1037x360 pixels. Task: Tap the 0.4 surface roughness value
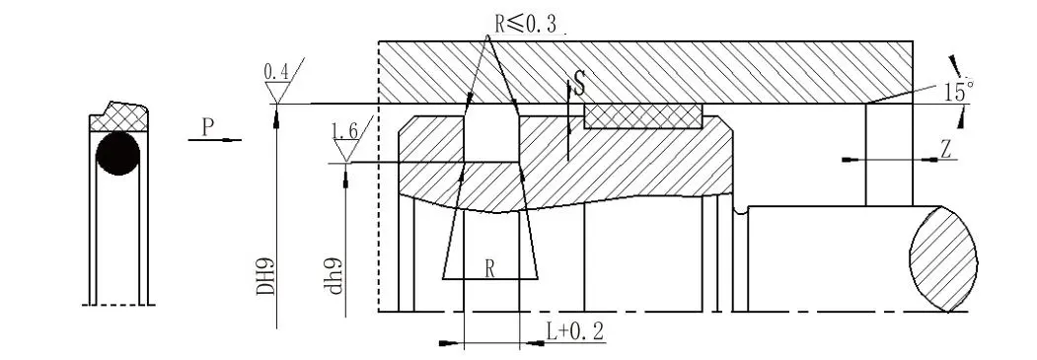[x=276, y=71]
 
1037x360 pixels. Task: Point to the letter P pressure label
[x=208, y=127]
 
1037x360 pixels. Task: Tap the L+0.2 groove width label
[x=575, y=331]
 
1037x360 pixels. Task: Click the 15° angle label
[x=959, y=91]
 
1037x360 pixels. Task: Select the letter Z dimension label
[x=946, y=150]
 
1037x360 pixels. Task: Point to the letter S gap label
[x=579, y=85]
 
